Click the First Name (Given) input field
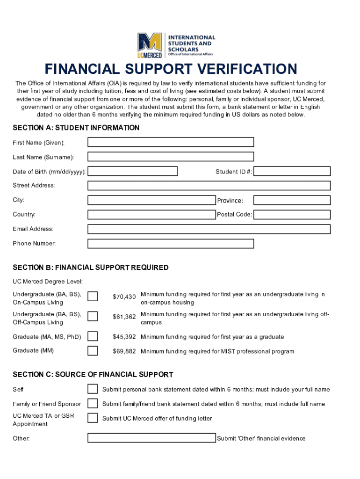(171, 142)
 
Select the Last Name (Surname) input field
(171, 157)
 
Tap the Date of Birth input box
(132, 171)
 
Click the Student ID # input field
(292, 171)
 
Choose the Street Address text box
(209, 186)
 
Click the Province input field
(292, 200)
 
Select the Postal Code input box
(292, 215)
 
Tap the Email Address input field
(209, 229)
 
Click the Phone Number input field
(171, 244)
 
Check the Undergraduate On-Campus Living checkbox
(93, 297)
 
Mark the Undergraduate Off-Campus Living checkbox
(93, 316)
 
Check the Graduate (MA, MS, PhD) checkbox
(93, 336)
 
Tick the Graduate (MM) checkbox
(93, 351)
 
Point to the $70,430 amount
(124, 297)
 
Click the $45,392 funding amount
(124, 337)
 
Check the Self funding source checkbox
(93, 389)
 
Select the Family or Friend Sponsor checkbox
(93, 403)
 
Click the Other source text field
(151, 438)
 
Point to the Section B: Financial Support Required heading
(91, 268)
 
